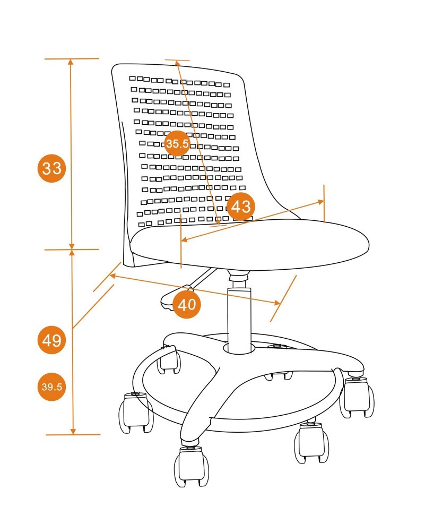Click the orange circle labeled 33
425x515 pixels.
(x=52, y=168)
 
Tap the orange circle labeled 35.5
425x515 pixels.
(x=177, y=143)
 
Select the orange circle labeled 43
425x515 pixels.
(x=240, y=207)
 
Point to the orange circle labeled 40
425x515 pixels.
(x=186, y=304)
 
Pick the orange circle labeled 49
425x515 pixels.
(x=52, y=340)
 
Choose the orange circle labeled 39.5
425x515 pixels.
(x=52, y=387)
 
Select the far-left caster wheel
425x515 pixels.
(x=136, y=413)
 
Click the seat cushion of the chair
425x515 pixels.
(x=249, y=245)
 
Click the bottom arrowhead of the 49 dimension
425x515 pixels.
(x=73, y=431)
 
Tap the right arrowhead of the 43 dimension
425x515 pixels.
(x=320, y=202)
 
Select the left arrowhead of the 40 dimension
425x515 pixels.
(x=112, y=276)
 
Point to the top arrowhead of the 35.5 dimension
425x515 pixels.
(x=177, y=63)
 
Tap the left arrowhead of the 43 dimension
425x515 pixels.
(x=185, y=240)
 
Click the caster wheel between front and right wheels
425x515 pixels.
(x=311, y=442)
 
